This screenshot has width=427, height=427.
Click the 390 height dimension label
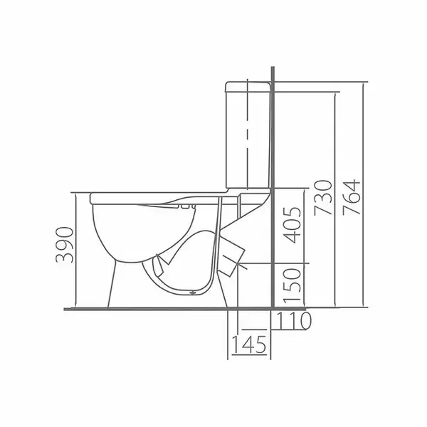tap(64, 246)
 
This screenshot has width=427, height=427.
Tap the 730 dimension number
tap(324, 197)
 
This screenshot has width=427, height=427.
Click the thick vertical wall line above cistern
tap(273, 75)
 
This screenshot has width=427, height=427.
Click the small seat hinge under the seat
tap(187, 206)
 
